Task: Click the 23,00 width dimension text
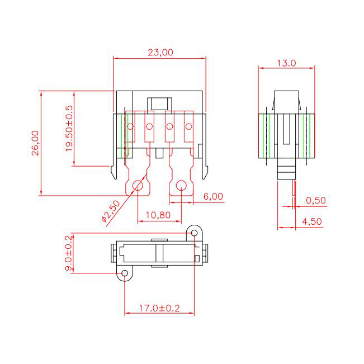tap(160, 52)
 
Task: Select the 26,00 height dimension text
tap(35, 143)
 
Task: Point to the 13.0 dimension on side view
tap(286, 63)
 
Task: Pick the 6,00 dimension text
tap(213, 196)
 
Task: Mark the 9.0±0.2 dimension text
tap(69, 253)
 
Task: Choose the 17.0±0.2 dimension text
tap(159, 308)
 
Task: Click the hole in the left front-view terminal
tap(138, 186)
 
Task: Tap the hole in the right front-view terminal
tap(181, 186)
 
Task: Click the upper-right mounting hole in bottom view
tap(194, 232)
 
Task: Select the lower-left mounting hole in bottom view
tap(125, 273)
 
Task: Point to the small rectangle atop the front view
tap(159, 103)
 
